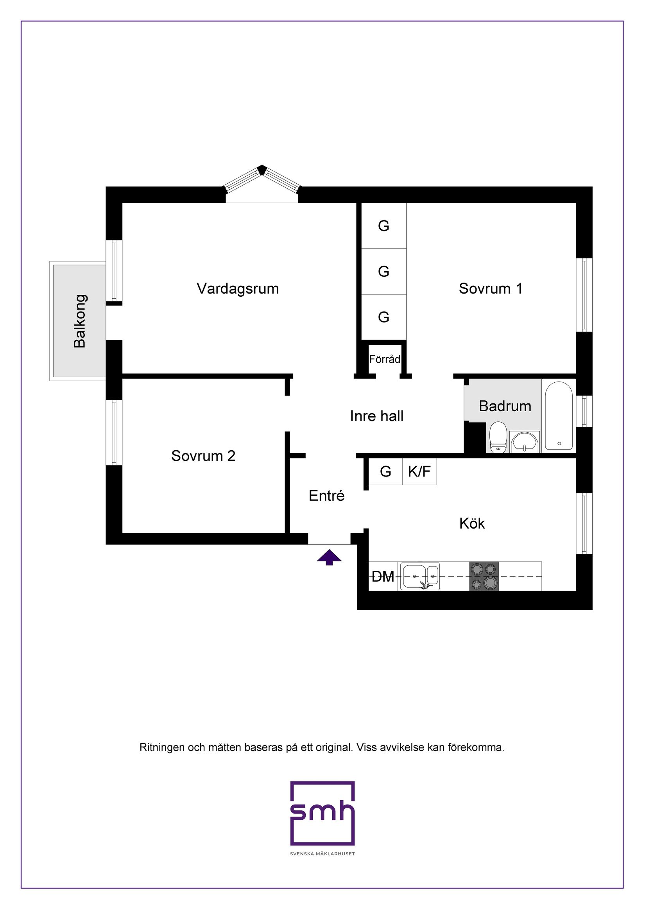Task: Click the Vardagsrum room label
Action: coord(238,289)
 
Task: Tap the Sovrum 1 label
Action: coord(491,288)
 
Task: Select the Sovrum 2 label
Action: coord(203,455)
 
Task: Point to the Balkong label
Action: coord(80,321)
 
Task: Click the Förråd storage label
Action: coord(384,359)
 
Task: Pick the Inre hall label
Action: coord(376,416)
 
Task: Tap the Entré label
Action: coord(326,495)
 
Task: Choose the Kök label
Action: coord(472,523)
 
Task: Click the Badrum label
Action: coord(505,406)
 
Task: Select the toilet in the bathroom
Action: coord(498,437)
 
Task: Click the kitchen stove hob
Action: coord(484,576)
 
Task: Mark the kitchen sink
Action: coord(420,576)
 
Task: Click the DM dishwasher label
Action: coord(383,576)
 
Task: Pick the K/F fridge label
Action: coord(419,471)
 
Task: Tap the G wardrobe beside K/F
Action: coord(385,471)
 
